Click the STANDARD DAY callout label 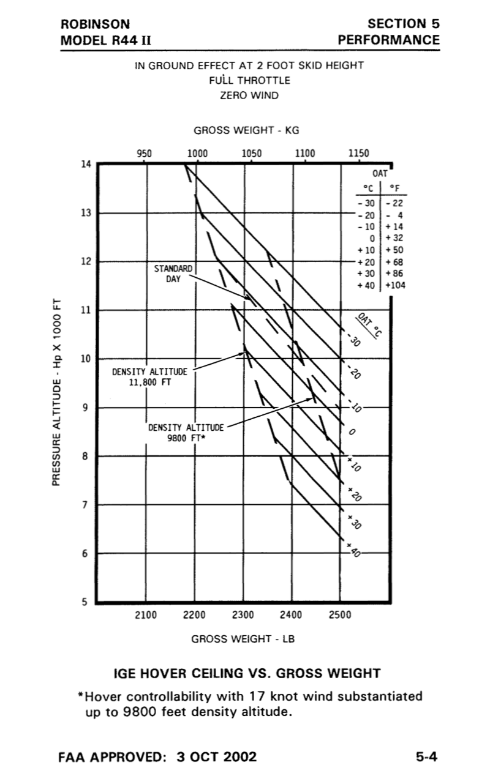point(173,274)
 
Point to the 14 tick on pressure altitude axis point(85,164)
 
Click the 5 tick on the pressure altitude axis point(85,602)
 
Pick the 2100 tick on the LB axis point(146,615)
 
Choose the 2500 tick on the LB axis point(340,615)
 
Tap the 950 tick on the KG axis point(145,154)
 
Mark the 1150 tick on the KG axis point(359,154)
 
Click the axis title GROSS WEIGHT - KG point(246,130)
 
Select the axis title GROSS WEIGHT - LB point(243,639)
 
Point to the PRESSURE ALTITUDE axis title point(56,392)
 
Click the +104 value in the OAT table point(396,285)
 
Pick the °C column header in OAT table point(370,188)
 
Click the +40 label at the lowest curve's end point(354,550)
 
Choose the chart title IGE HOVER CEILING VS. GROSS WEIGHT point(247,674)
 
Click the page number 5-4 point(426,757)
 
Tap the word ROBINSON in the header point(95,24)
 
